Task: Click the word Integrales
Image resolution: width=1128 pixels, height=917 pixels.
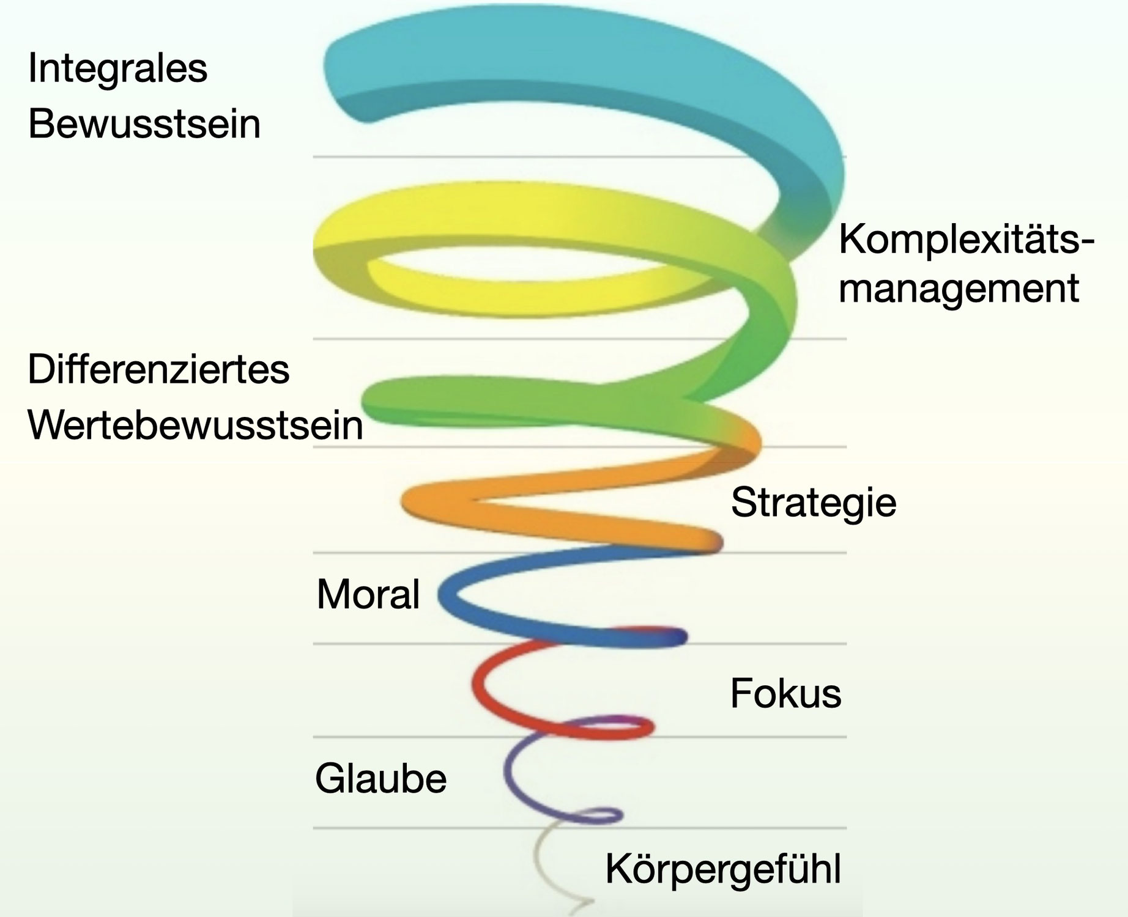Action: pyautogui.click(x=117, y=68)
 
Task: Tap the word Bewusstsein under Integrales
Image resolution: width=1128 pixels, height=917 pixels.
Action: pyautogui.click(x=144, y=124)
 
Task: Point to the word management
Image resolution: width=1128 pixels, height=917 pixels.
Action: pyautogui.click(x=958, y=289)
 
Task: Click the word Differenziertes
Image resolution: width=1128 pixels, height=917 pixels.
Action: pyautogui.click(x=158, y=370)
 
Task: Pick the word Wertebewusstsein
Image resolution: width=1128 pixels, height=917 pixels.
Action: pyautogui.click(x=195, y=425)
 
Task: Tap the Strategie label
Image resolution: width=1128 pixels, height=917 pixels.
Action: pyautogui.click(x=814, y=503)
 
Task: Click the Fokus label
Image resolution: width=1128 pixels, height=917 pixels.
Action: pyautogui.click(x=785, y=694)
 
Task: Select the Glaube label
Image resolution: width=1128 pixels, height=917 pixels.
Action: pyautogui.click(x=380, y=779)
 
